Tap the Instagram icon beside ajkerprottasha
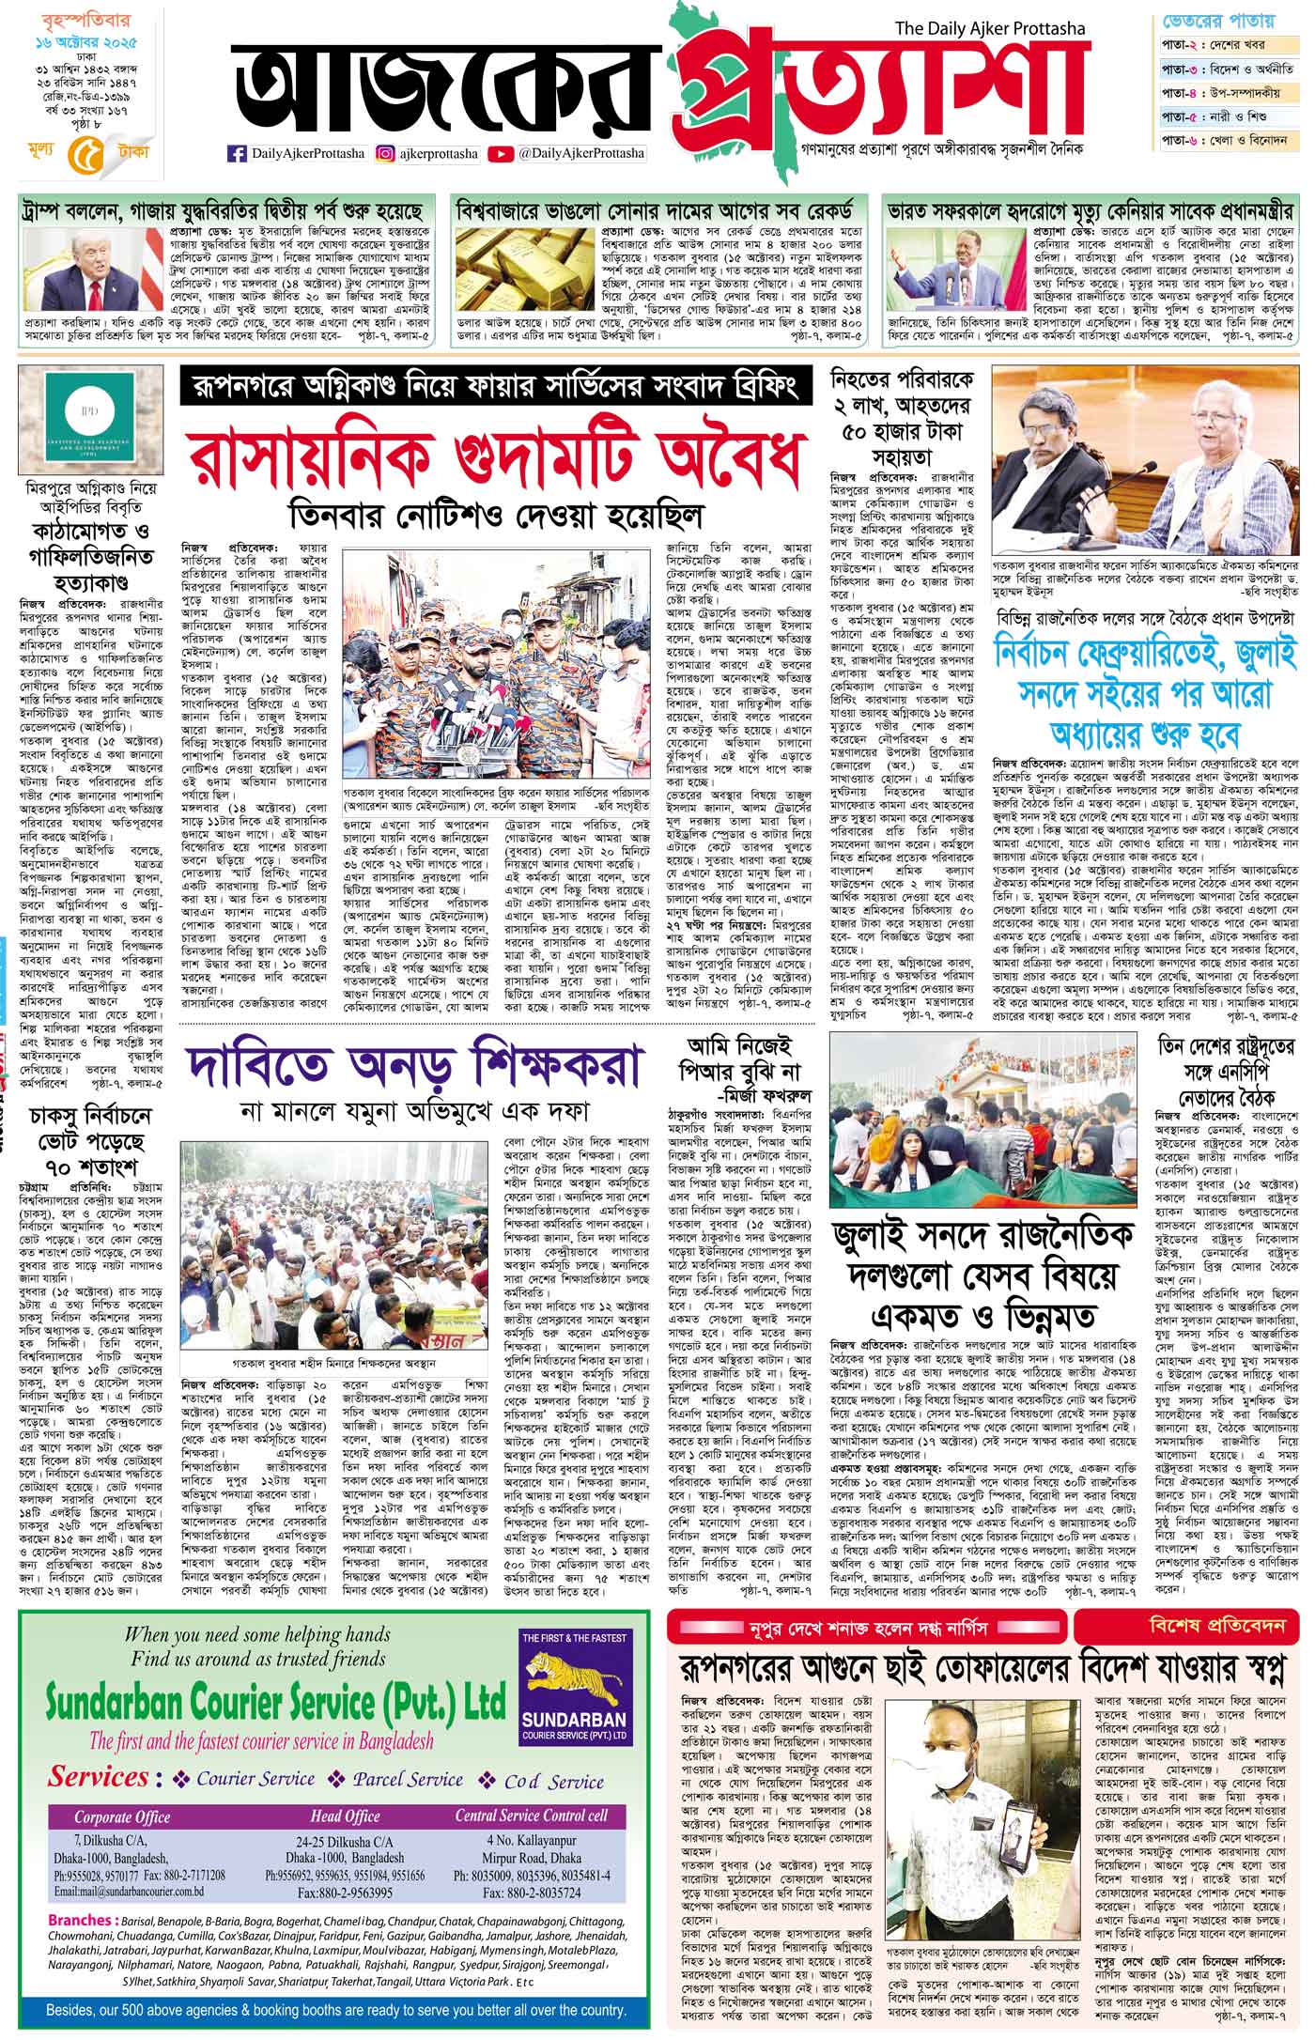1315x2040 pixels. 385,153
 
